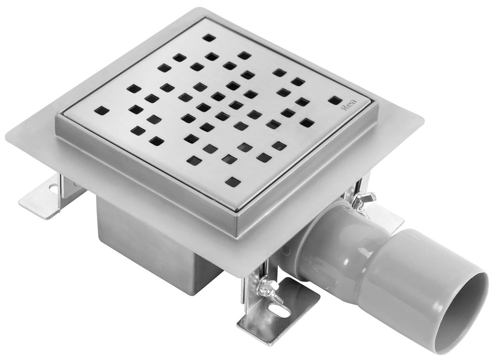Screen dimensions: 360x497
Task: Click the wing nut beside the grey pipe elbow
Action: click(365, 199)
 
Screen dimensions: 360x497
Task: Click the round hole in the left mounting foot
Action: click(51, 186)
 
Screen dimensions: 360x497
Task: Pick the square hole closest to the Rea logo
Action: click(334, 100)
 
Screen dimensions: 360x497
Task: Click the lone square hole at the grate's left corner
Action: click(102, 110)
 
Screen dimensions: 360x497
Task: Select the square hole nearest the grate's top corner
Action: click(209, 38)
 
